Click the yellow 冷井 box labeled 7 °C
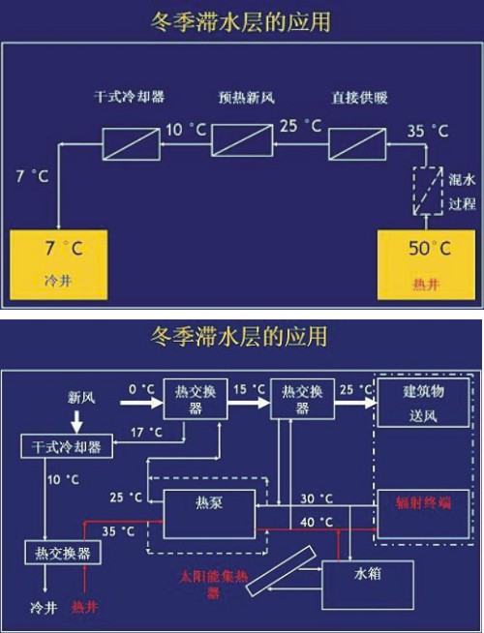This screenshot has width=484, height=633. [58, 265]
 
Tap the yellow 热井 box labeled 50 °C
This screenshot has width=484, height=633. [426, 265]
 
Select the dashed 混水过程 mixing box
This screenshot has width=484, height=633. [427, 191]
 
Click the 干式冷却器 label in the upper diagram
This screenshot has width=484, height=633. [129, 97]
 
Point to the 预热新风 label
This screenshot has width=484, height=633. [246, 98]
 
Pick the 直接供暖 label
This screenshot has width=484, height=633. [359, 98]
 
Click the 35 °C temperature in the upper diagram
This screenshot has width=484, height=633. [428, 131]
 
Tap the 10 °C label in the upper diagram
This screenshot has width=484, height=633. [186, 130]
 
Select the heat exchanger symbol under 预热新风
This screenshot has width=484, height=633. [242, 140]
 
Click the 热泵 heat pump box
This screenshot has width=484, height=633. [209, 514]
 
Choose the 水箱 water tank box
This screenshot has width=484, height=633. [367, 585]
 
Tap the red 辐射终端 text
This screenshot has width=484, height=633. [423, 503]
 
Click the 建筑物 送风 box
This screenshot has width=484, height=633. [423, 403]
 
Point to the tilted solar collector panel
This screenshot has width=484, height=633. [282, 571]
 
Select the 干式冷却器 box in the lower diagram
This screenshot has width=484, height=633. [67, 446]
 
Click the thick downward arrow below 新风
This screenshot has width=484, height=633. [76, 421]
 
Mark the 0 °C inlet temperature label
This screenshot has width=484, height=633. [141, 389]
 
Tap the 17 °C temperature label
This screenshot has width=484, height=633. [146, 433]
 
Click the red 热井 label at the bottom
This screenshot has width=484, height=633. [84, 607]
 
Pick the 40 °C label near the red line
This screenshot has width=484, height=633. [317, 522]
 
